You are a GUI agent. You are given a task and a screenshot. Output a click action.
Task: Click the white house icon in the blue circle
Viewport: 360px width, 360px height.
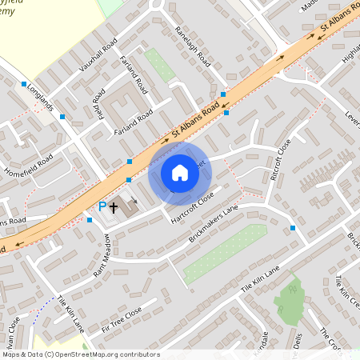pos(180,173)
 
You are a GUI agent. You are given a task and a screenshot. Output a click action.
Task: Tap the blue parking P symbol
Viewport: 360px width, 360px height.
pos(102,207)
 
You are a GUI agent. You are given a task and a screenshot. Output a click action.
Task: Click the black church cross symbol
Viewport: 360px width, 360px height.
pos(114,207)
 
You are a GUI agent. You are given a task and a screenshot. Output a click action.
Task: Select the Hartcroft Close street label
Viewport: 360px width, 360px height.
pos(192,204)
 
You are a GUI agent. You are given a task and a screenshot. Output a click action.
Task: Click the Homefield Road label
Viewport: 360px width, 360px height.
pos(29,163)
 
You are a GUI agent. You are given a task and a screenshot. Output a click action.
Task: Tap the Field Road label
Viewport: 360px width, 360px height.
pos(98,106)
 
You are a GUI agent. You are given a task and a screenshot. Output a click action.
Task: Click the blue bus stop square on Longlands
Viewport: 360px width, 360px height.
pos(62,117)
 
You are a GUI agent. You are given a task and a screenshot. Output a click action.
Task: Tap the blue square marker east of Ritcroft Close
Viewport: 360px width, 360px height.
pos(293,228)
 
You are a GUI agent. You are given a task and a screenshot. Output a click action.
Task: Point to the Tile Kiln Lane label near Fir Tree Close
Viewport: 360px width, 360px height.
pos(70,314)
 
